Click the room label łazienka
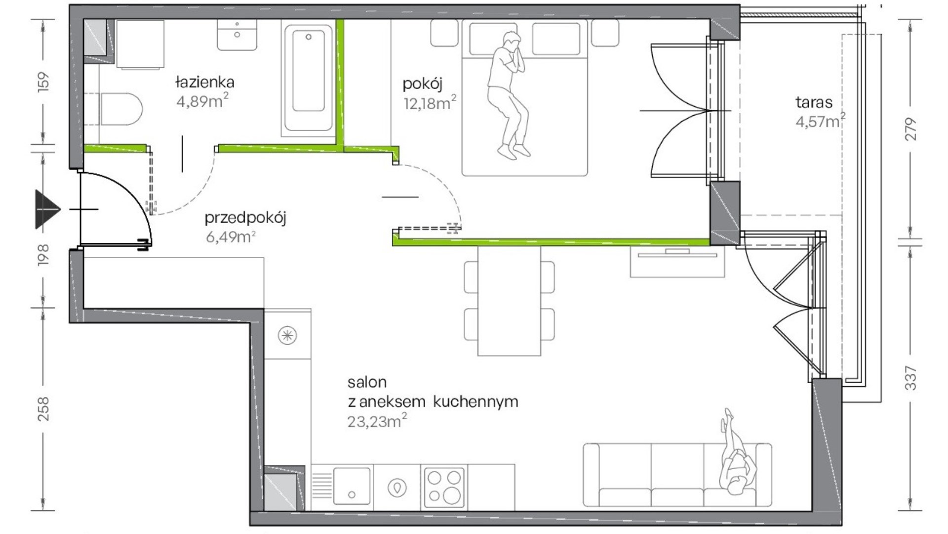point(204,82)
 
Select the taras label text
point(814,102)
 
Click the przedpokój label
point(245,218)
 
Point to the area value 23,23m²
point(377,421)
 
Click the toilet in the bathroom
point(121,109)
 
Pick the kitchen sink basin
point(352,486)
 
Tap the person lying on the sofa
point(737,452)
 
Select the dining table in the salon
point(509,301)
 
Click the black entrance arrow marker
point(47,209)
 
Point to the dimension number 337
point(911,378)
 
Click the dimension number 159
point(43,82)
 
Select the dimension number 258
point(43,408)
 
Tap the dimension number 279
point(911,130)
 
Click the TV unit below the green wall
point(677,261)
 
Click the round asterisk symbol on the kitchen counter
point(287,336)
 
